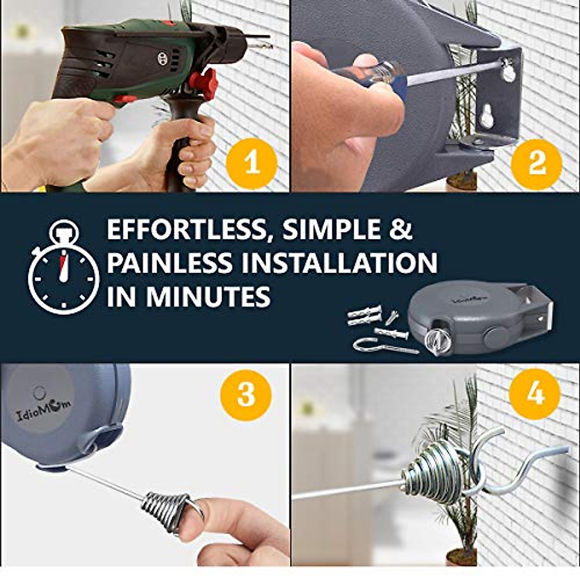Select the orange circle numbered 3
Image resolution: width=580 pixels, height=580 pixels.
tap(246, 394)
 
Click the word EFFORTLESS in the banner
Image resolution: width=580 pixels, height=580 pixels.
tap(186, 231)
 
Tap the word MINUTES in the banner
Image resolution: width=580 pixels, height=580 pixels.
tap(208, 296)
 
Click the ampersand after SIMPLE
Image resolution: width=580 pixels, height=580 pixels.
tap(400, 231)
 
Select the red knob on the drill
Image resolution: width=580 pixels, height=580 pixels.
tap(203, 84)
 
